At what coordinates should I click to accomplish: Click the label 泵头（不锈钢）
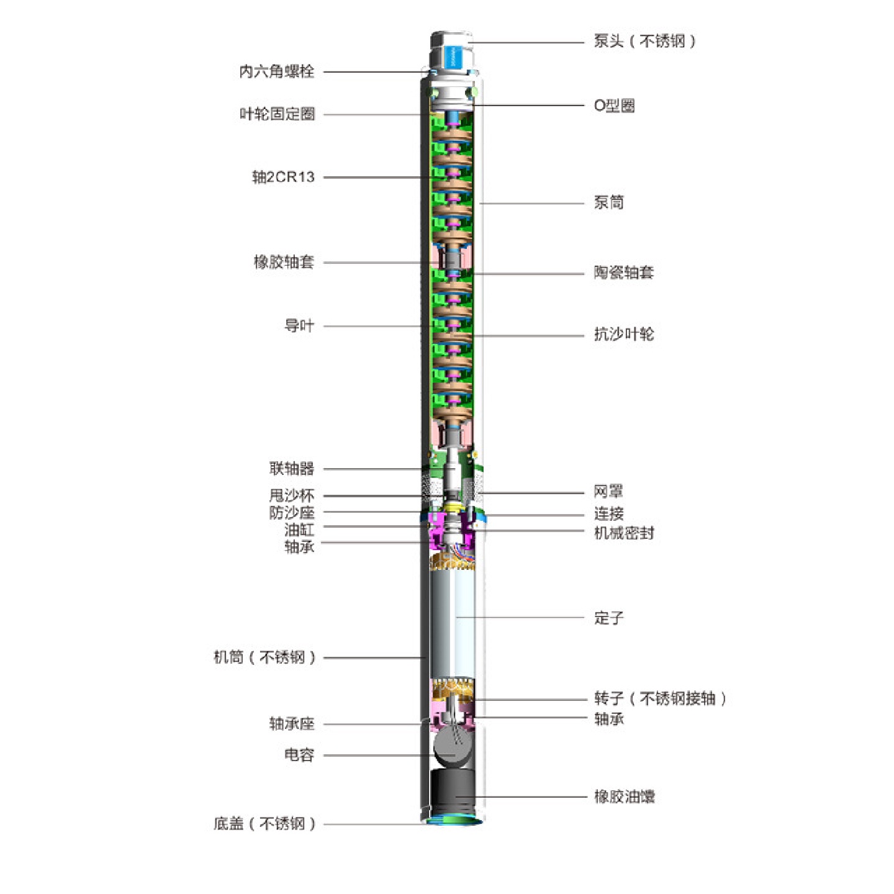[644, 42]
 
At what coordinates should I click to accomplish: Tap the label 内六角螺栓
[277, 71]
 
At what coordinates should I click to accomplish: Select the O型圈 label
[614, 106]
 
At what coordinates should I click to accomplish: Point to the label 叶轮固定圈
[277, 114]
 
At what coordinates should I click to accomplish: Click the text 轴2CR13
[283, 178]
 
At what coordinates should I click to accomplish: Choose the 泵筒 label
[608, 202]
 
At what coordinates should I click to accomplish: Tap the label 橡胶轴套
[284, 262]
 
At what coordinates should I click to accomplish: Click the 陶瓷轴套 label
[623, 273]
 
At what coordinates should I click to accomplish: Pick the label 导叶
[299, 326]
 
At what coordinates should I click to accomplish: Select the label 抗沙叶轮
[623, 335]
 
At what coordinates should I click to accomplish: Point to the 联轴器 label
[291, 469]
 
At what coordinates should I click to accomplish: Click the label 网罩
[608, 492]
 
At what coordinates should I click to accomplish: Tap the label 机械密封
[623, 533]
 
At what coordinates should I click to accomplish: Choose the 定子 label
[608, 618]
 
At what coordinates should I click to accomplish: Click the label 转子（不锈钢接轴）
[659, 699]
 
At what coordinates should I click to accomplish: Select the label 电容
[299, 755]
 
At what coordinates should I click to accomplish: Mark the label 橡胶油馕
[624, 797]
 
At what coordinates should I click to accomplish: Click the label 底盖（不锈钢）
[264, 824]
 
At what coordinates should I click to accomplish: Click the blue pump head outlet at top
[452, 53]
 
